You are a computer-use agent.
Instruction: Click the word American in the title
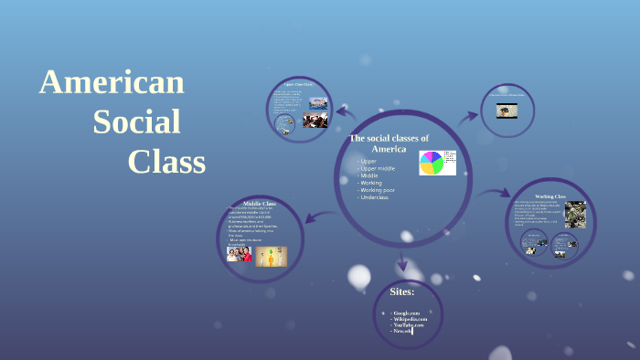point(112,82)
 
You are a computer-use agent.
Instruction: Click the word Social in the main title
point(136,122)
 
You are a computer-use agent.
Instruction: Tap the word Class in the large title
point(166,161)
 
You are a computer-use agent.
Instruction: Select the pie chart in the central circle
point(432,163)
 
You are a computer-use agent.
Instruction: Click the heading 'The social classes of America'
point(389,143)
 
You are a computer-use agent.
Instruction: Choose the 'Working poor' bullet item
point(379,190)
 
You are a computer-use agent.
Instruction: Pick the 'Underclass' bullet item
point(375,197)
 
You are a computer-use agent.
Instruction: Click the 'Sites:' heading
point(401,291)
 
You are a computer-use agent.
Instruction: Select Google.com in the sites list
point(405,312)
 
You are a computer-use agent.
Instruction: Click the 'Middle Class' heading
point(260,203)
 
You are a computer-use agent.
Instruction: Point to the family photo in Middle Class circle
point(240,255)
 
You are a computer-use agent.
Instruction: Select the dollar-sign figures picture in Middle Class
point(272,256)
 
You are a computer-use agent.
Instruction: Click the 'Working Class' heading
point(550,196)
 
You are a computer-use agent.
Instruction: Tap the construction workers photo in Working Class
point(575,214)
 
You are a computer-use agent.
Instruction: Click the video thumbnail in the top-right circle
point(504,111)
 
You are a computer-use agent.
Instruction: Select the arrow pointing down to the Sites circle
point(402,259)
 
